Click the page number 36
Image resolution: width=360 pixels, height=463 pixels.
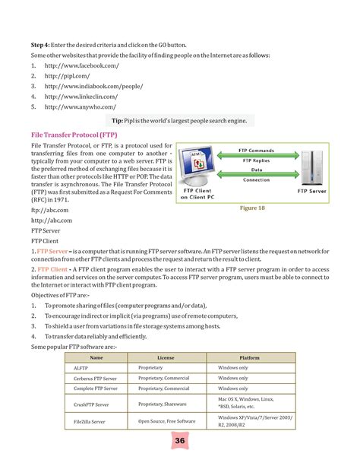click(180, 442)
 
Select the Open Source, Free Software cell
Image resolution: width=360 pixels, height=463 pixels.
click(166, 420)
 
